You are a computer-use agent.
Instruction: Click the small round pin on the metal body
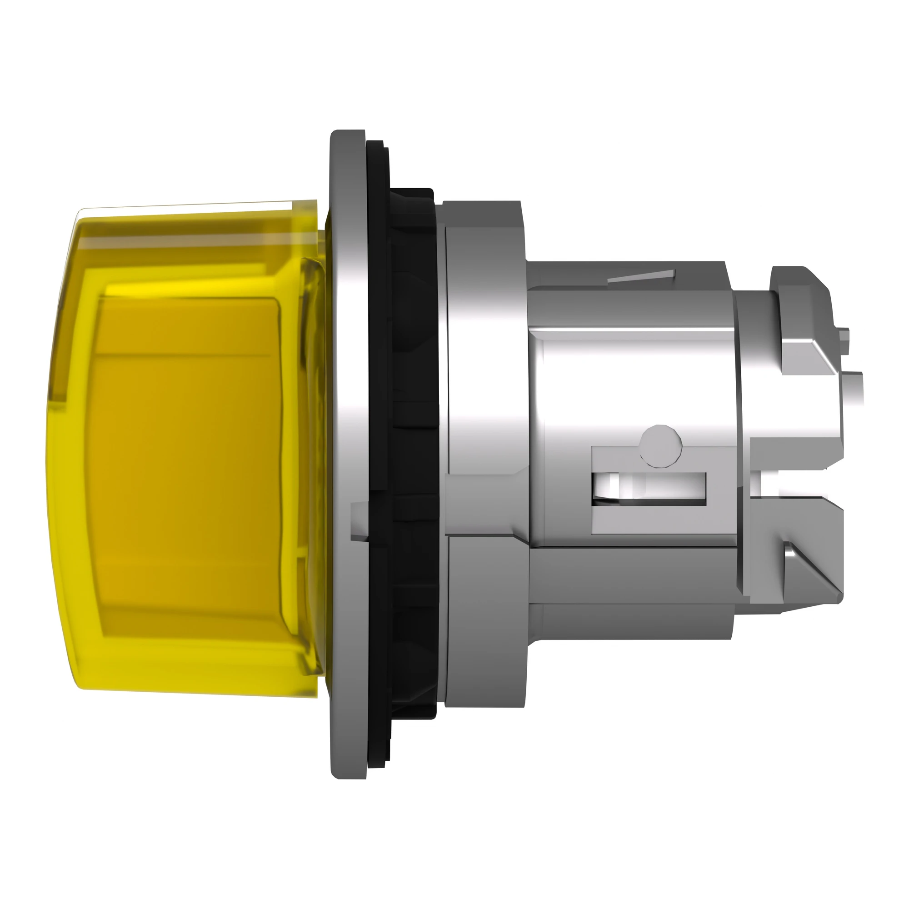(x=660, y=446)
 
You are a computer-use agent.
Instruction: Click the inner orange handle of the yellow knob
(x=188, y=447)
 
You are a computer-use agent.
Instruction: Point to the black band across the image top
(x=454, y=45)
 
